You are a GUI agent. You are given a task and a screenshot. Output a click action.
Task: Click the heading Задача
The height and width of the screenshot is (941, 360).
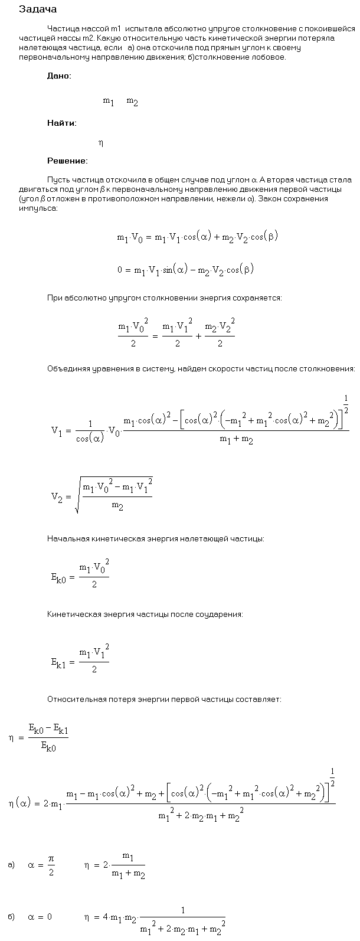coord(38,9)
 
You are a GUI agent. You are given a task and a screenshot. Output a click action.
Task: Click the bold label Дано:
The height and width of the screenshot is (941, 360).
coord(60,76)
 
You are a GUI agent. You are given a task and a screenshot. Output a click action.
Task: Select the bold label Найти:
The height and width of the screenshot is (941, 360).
coord(61,123)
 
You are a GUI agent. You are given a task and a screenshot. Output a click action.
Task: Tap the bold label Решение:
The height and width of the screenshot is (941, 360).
coord(67,161)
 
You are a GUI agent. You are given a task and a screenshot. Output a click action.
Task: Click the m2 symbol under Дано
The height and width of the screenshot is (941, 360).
coord(132,102)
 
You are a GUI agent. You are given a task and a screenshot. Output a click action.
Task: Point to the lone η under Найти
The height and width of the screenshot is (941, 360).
coord(101,142)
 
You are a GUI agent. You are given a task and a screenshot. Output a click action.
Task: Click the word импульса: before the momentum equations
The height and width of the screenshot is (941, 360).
coord(38,210)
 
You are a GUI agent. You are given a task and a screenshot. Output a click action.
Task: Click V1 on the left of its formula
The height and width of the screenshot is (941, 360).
coord(57,430)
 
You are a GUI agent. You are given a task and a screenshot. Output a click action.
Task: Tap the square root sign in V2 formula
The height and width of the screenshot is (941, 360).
coord(78,497)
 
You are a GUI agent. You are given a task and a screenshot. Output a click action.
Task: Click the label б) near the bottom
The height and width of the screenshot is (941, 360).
coord(11,917)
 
